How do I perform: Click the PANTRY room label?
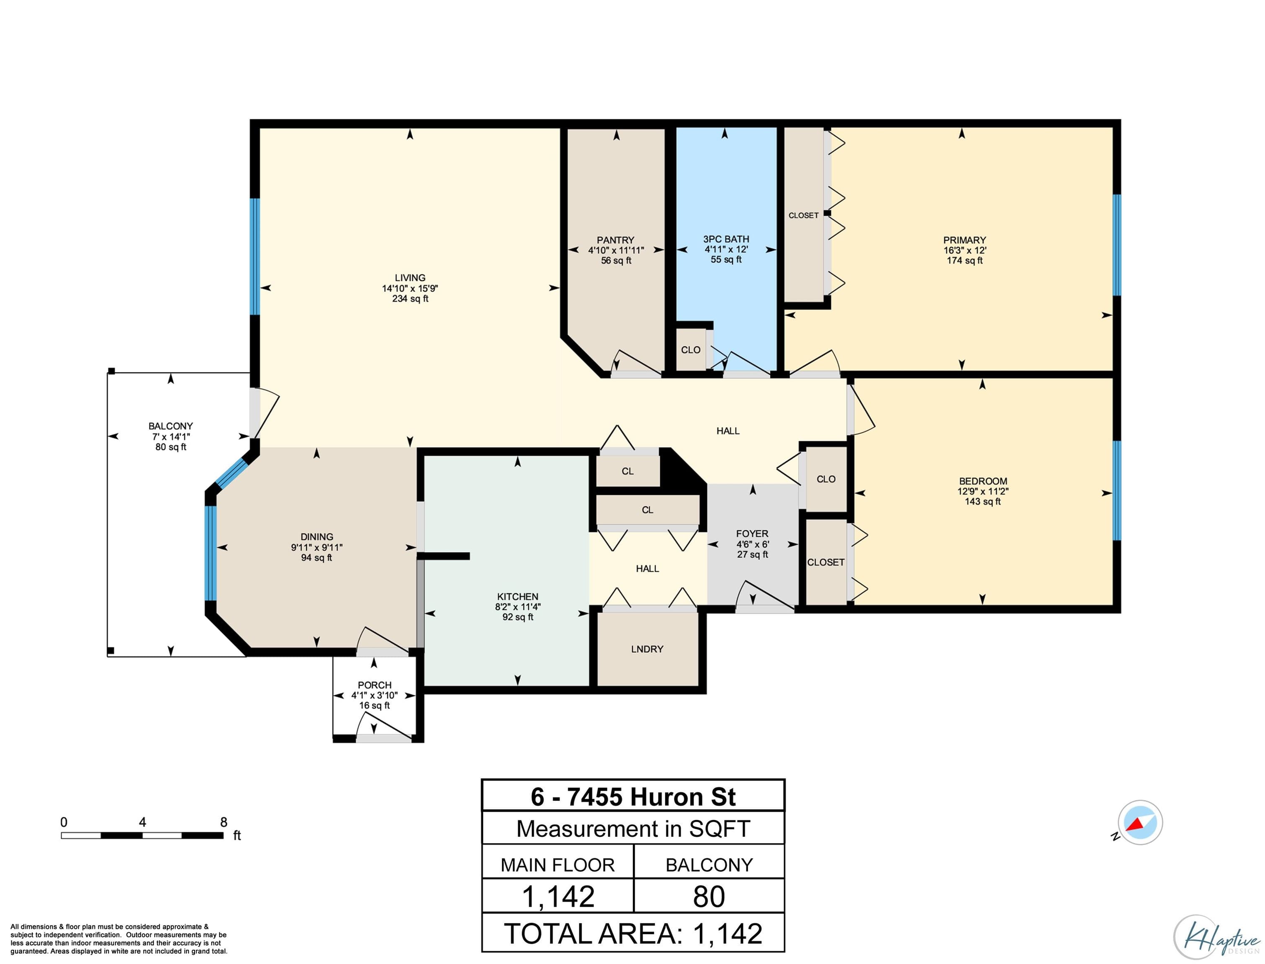click(615, 240)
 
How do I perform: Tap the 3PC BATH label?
click(726, 239)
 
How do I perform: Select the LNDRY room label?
click(647, 649)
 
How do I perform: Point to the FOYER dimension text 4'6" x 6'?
click(753, 544)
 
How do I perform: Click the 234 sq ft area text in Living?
click(410, 298)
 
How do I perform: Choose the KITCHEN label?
click(518, 597)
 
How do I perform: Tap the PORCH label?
click(374, 685)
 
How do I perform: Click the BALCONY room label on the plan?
click(170, 426)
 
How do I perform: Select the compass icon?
click(1140, 822)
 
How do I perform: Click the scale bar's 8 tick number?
click(224, 822)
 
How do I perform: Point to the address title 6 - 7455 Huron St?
click(633, 797)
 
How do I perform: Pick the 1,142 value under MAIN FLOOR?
click(558, 896)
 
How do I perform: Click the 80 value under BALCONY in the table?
click(709, 896)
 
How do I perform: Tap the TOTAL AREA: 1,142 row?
click(633, 933)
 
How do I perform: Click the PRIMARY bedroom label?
click(964, 240)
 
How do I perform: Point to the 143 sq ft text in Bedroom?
click(982, 502)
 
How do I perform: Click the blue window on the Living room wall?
click(255, 256)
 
